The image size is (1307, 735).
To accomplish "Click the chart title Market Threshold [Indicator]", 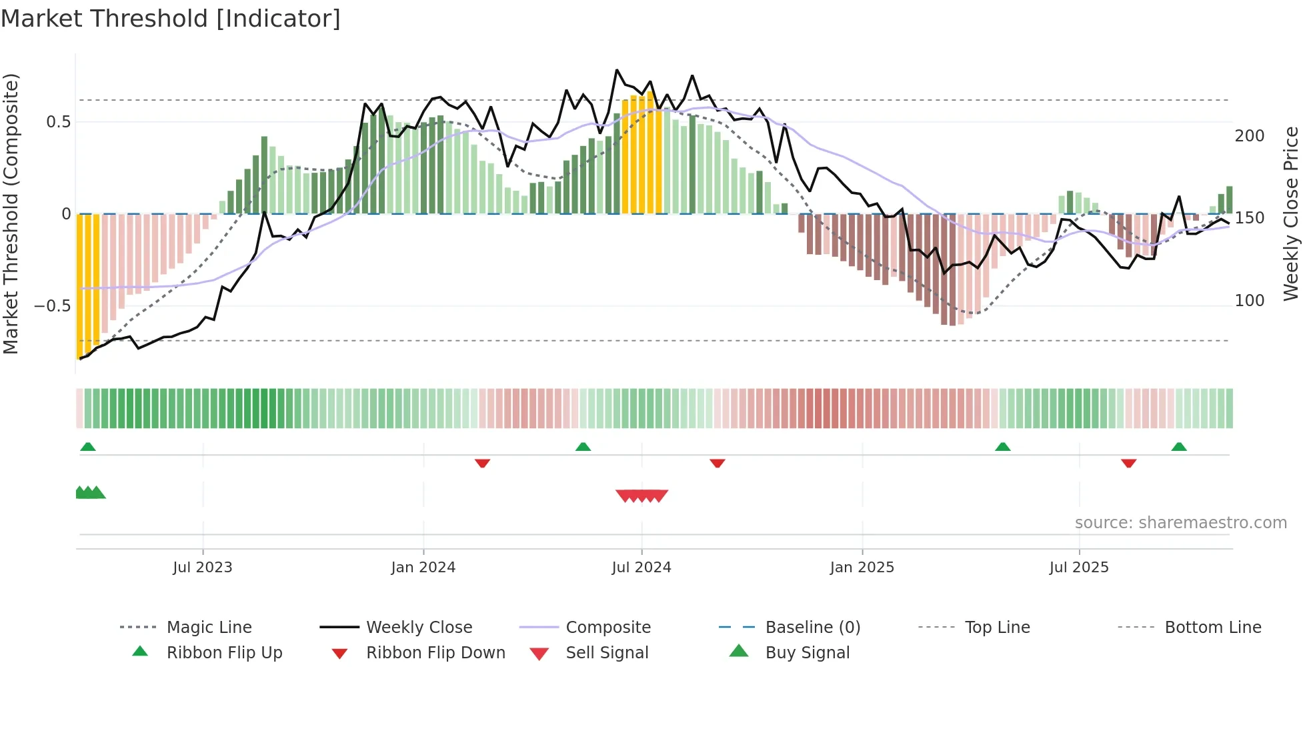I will [x=171, y=19].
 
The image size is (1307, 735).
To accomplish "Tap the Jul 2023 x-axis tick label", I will [x=202, y=568].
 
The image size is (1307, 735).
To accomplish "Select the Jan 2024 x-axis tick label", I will [x=423, y=568].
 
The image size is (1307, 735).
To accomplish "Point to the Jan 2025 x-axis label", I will [x=862, y=568].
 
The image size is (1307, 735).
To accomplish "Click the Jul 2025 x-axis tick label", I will [x=1078, y=568].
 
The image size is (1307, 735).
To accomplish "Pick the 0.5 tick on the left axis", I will [x=58, y=122].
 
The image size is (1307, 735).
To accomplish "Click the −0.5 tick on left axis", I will [x=53, y=306].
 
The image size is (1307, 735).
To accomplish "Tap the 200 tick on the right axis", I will [x=1249, y=136].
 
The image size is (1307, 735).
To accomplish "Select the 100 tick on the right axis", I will [x=1249, y=301].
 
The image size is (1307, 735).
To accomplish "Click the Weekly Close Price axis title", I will [x=1291, y=213].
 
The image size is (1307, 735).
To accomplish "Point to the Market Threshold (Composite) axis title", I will [x=11, y=213].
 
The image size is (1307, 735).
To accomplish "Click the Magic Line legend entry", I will [x=209, y=628].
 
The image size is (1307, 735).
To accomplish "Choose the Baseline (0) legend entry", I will [x=812, y=628].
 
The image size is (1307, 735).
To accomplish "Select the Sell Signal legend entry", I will [x=606, y=653].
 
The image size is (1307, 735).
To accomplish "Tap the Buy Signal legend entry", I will [x=807, y=653].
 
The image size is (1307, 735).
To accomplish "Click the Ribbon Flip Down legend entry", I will [x=435, y=653].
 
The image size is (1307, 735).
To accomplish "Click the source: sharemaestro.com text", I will [x=1180, y=523].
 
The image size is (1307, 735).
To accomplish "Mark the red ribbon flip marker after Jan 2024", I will [x=482, y=463].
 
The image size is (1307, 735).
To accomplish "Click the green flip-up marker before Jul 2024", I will [x=583, y=447].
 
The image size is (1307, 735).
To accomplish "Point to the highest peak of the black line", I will [x=617, y=70].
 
